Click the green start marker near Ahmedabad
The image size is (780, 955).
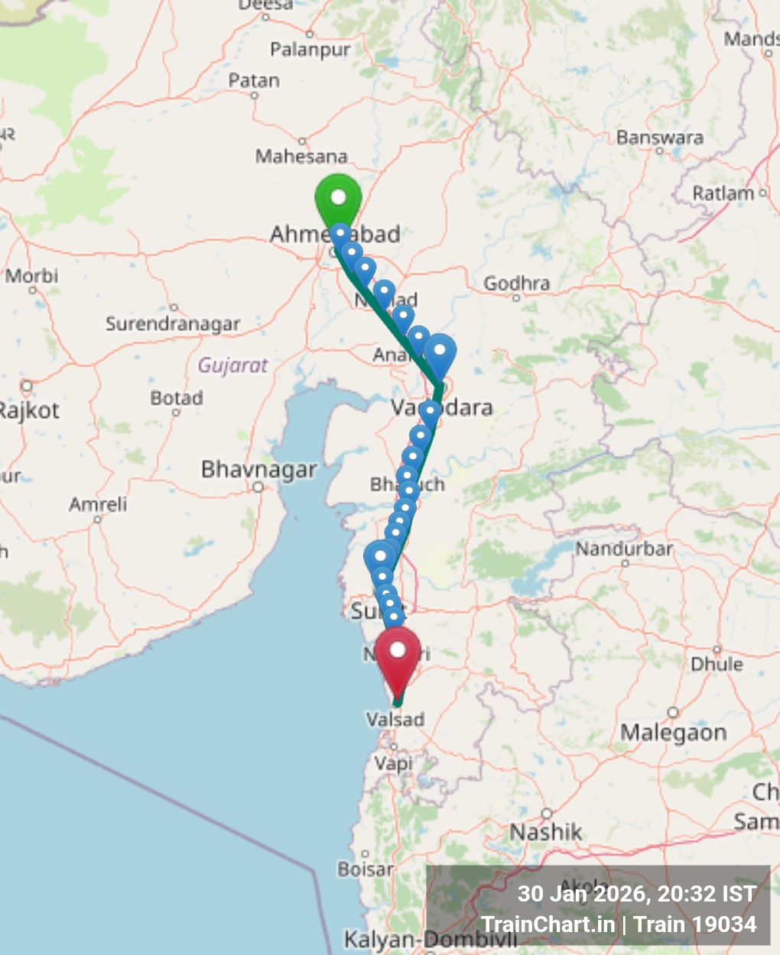338,198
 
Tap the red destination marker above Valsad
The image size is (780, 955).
398,652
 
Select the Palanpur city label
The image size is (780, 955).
310,50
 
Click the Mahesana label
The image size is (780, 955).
301,156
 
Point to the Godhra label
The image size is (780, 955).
516,283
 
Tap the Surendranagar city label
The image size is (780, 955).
173,324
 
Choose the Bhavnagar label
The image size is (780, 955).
258,469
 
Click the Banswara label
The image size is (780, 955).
660,138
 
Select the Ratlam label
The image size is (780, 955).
723,193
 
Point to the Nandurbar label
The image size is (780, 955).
624,549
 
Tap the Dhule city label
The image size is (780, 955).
717,663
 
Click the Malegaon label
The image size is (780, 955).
673,733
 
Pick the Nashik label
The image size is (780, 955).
546,831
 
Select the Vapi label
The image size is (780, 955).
393,762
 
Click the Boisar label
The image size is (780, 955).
366,869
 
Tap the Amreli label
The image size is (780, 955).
98,504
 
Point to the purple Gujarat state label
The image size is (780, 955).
233,365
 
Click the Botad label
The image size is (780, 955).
177,398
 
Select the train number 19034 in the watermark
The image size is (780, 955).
724,924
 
